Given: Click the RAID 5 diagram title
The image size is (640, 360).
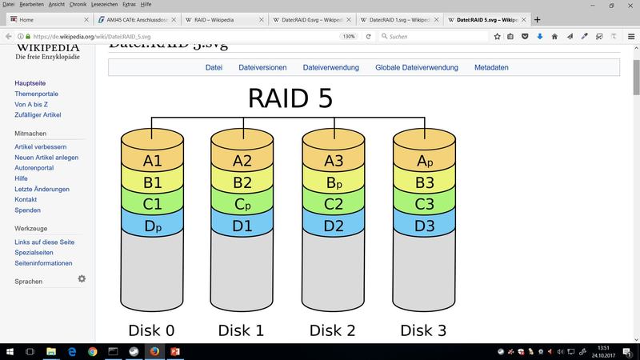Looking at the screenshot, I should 290,97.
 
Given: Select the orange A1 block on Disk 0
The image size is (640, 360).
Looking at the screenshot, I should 152,160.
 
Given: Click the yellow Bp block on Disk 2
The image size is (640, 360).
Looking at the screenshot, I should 333,182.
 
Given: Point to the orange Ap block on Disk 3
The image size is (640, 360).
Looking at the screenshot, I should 424,160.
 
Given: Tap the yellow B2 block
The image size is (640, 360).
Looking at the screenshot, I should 242,182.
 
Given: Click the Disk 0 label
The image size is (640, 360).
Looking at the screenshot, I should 151,330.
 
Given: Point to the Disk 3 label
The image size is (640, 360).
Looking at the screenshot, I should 423,330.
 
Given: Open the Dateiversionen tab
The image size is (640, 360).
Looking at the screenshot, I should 262,68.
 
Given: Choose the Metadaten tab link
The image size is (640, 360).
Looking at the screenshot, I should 491,68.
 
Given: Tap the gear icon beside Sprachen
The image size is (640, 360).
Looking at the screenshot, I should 82,278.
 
